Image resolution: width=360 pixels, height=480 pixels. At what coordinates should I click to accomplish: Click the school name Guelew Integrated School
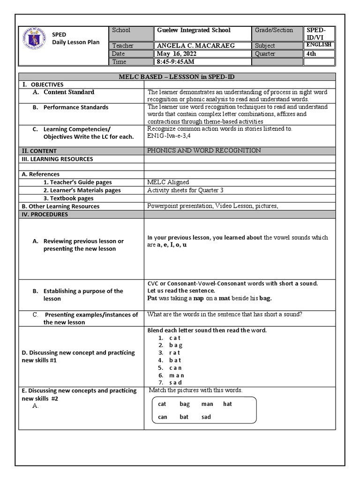[193, 30]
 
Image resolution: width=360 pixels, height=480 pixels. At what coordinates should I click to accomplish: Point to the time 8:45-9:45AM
[176, 62]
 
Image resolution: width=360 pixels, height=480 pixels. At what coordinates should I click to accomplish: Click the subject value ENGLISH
[319, 45]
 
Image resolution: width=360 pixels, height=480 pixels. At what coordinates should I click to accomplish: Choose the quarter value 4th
[311, 54]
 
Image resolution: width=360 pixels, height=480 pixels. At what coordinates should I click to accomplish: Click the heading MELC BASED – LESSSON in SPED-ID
[177, 76]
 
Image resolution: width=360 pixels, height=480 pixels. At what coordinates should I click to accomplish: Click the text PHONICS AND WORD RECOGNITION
[204, 150]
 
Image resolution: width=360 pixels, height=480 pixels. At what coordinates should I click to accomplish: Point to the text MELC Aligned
[168, 182]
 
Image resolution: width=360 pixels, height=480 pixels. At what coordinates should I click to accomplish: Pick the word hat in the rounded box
[227, 404]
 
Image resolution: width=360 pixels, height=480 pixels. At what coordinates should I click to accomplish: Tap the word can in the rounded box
[163, 417]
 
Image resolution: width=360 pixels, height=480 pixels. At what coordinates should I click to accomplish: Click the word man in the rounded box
[207, 404]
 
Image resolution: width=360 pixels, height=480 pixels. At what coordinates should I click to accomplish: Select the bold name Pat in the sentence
[152, 298]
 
